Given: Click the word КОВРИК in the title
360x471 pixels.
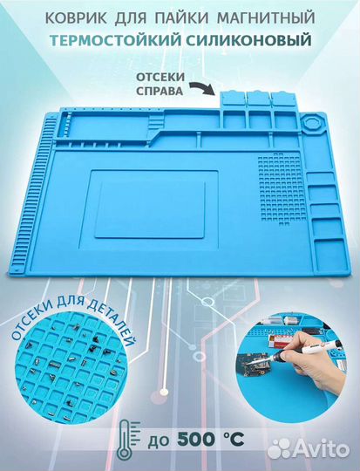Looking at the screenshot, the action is [x=77, y=17].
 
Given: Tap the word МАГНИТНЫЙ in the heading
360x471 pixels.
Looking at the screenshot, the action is [x=266, y=17].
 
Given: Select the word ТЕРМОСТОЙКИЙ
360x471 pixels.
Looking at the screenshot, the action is [x=114, y=40].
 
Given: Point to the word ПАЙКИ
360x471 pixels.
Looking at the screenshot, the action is [x=182, y=17].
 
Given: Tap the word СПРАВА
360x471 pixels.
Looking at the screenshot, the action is [x=160, y=91].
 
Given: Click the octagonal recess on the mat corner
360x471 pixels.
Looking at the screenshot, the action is [x=312, y=124].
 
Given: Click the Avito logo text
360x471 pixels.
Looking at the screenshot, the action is [x=321, y=449].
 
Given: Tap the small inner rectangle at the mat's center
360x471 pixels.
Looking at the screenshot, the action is [x=150, y=210].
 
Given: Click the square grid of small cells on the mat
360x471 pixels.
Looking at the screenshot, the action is [x=280, y=188].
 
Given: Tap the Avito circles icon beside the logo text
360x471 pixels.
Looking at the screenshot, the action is [x=279, y=448].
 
